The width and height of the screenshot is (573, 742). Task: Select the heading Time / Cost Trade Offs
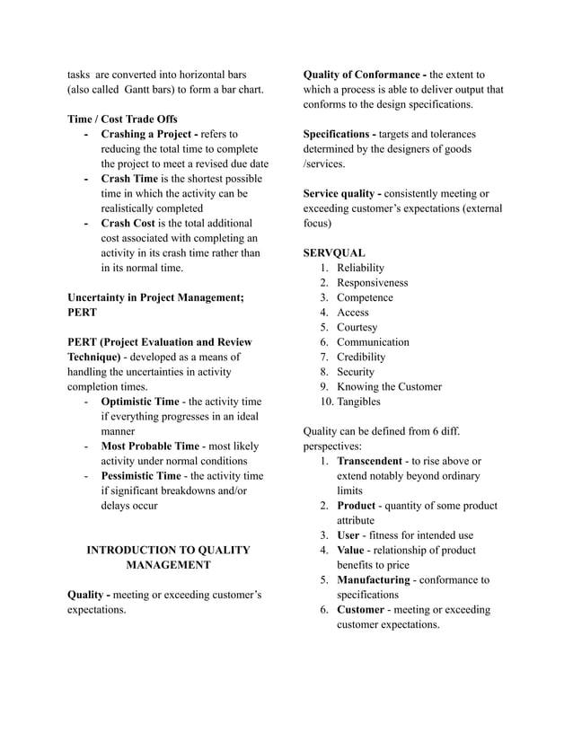pos(122,119)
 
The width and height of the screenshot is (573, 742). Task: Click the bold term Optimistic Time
pos(139,402)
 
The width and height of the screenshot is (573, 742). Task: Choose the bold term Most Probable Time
pos(150,446)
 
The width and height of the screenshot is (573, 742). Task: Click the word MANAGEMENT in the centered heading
pos(167,565)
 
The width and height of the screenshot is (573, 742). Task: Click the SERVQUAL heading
pos(334,253)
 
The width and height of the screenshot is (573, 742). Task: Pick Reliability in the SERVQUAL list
pos(360,268)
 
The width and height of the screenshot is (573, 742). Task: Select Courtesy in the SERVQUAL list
pos(357,327)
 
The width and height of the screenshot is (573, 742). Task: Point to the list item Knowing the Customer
pos(389,386)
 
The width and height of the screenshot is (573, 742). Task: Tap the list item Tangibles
pos(358,402)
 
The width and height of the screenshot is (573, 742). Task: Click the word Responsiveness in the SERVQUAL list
pos(372,283)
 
